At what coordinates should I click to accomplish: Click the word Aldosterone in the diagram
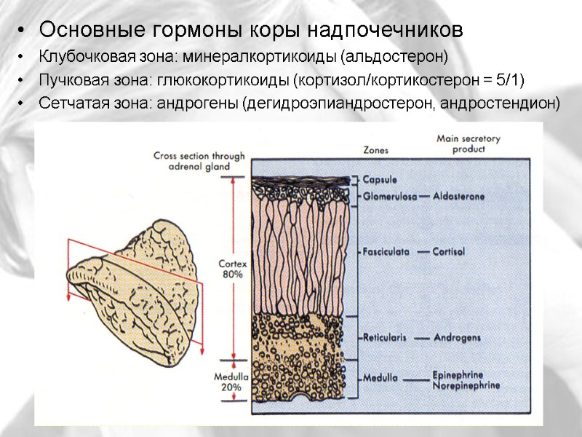tap(458, 196)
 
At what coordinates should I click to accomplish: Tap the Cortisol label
tap(450, 251)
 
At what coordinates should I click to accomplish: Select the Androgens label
tap(457, 338)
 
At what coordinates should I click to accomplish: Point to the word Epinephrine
tap(458, 374)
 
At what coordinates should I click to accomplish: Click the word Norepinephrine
tap(466, 384)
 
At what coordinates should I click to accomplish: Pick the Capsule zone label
tap(380, 179)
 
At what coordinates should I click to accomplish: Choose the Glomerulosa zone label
tap(388, 196)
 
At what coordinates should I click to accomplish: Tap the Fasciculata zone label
tap(386, 251)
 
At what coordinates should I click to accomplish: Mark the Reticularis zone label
tap(384, 338)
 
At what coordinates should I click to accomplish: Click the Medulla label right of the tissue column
tap(380, 378)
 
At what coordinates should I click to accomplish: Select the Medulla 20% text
tap(231, 382)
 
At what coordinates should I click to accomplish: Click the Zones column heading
tap(375, 150)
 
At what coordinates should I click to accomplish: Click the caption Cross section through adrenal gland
tap(199, 160)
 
